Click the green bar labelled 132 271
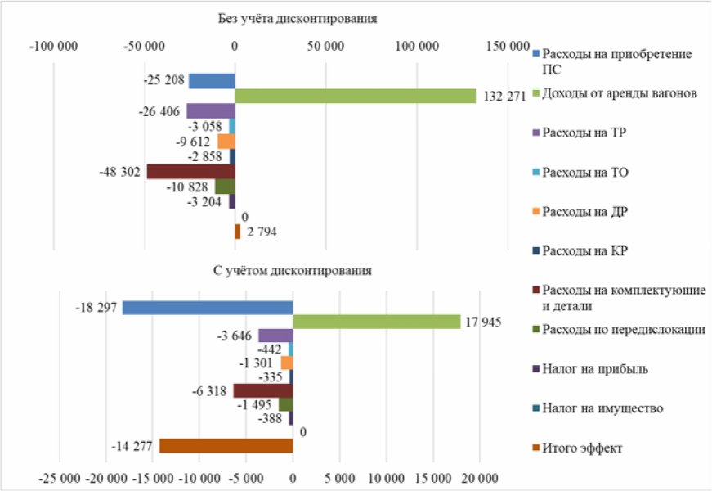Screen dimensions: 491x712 point(355,96)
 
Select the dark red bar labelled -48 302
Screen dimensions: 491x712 point(190,171)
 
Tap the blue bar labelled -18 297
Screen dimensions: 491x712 point(208,307)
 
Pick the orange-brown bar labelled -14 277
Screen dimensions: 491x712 point(226,445)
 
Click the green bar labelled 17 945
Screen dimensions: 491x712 point(376,322)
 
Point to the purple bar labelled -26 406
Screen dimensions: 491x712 point(210,111)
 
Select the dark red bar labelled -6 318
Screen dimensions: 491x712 point(262,390)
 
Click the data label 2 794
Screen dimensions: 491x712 point(262,232)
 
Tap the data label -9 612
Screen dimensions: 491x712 point(193,142)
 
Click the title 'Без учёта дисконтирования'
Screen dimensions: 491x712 point(298,18)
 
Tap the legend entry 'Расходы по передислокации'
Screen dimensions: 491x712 point(624,329)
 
